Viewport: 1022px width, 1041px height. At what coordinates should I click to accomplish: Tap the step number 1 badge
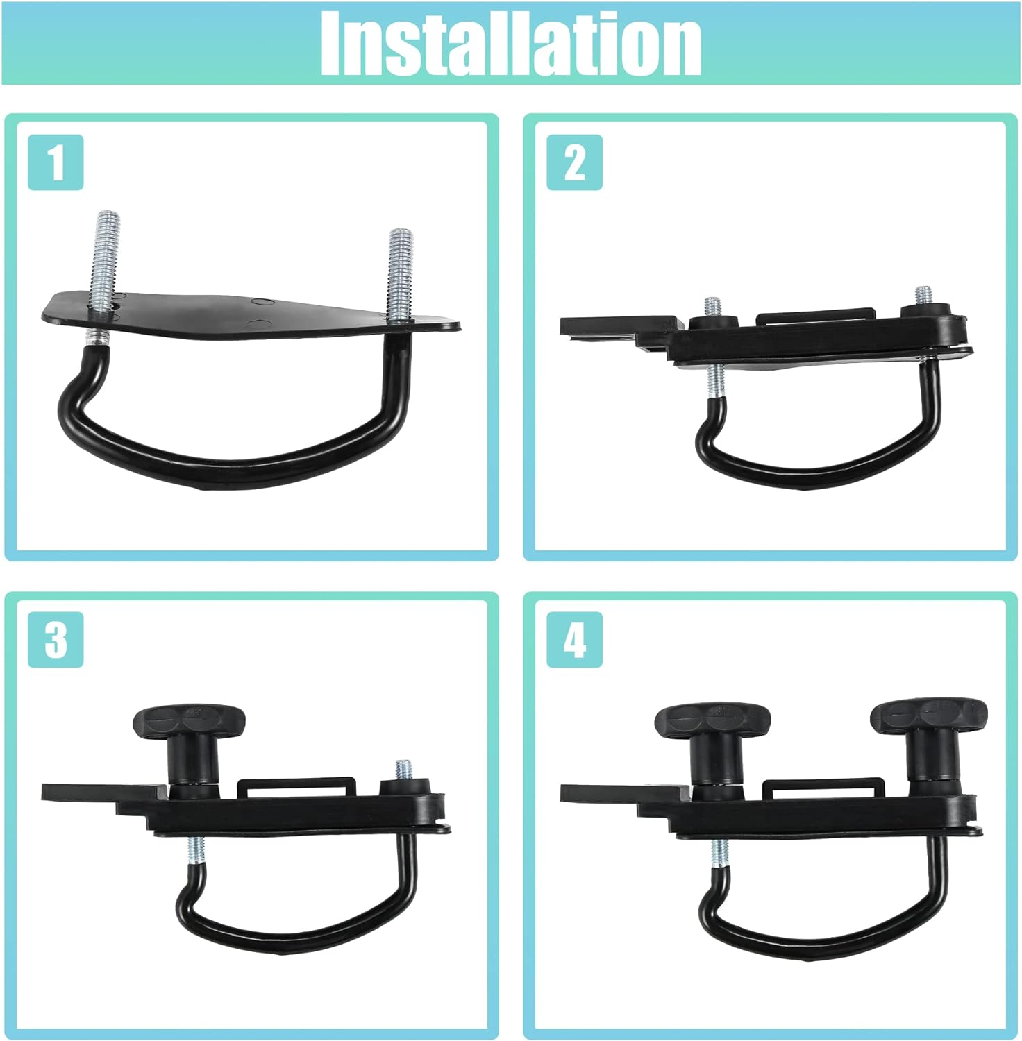pyautogui.click(x=56, y=162)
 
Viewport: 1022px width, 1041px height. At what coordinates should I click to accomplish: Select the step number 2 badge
pyautogui.click(x=574, y=162)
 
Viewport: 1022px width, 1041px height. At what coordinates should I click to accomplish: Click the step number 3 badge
pyautogui.click(x=56, y=639)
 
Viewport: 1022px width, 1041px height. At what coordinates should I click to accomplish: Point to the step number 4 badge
pyautogui.click(x=574, y=639)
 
